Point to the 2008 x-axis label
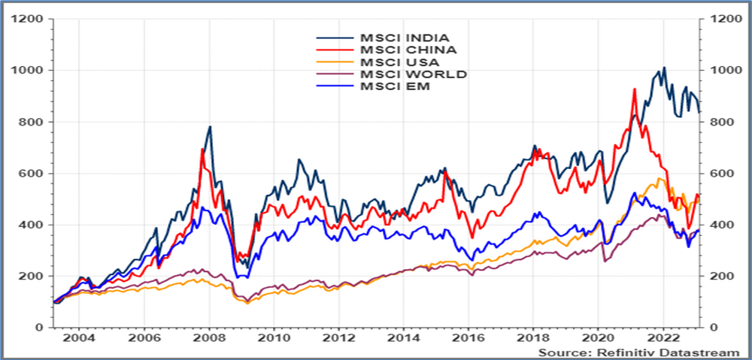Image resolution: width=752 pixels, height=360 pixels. coord(210,339)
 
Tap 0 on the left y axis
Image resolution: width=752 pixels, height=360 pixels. coord(45,328)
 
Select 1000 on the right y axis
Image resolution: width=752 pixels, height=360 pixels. coord(717,70)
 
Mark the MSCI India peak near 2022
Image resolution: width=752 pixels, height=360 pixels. coord(663,68)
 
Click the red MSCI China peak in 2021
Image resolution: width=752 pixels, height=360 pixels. coord(635,89)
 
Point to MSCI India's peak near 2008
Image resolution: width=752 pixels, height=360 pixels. coord(210,126)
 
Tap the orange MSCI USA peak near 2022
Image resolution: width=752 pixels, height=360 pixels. coord(660,179)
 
